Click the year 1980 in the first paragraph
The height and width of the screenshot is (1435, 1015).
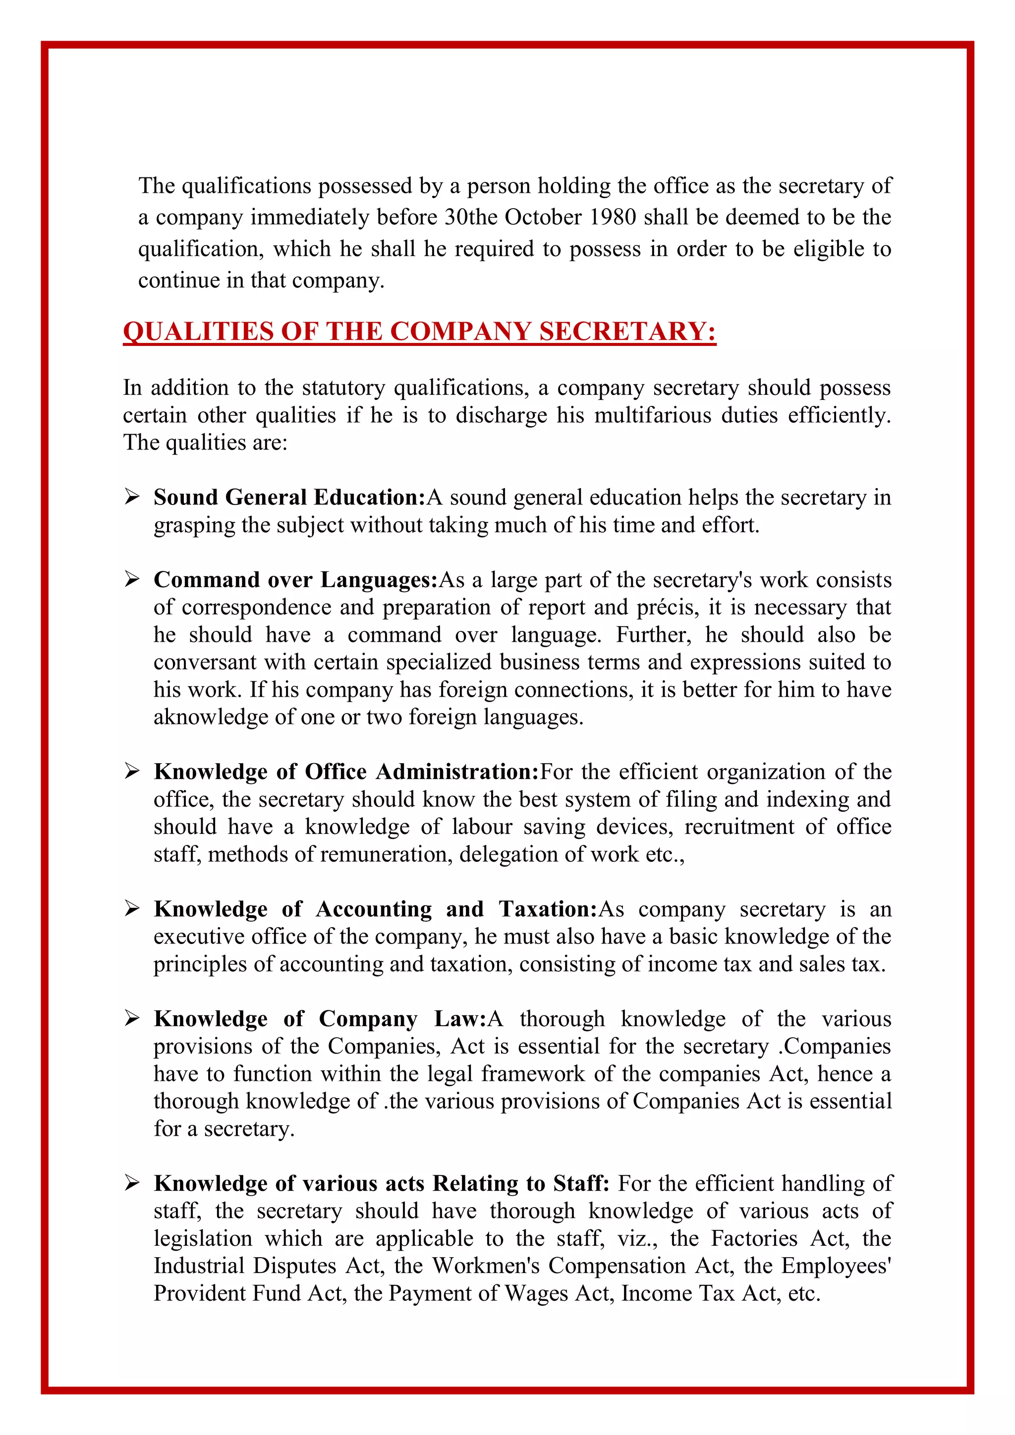pyautogui.click(x=613, y=218)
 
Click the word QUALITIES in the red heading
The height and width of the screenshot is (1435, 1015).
pyautogui.click(x=198, y=331)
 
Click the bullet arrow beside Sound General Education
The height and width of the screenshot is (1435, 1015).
pyautogui.click(x=131, y=497)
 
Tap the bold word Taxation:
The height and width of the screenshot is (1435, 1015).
pyautogui.click(x=548, y=909)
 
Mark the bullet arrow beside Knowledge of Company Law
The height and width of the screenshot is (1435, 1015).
pyautogui.click(x=131, y=1019)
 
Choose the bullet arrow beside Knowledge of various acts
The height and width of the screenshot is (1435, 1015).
pyautogui.click(x=131, y=1183)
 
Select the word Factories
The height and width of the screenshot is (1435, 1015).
pyautogui.click(x=754, y=1238)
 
